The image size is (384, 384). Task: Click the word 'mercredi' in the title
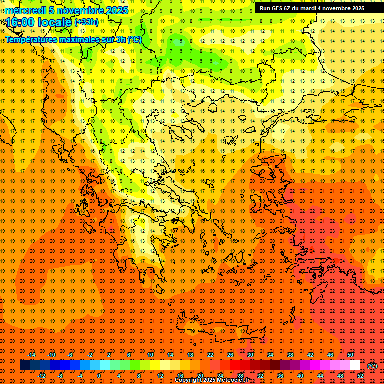[26, 10]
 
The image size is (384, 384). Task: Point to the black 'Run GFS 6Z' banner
[312, 8]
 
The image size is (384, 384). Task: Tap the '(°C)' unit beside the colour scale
[372, 366]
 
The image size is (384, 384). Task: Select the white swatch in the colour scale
[355, 365]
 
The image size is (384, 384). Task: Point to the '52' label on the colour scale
[360, 376]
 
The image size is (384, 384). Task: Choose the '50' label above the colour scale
[350, 355]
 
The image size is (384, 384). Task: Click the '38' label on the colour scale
[290, 355]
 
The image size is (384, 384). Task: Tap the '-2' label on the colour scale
[90, 355]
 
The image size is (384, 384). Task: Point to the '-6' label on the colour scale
[70, 355]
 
